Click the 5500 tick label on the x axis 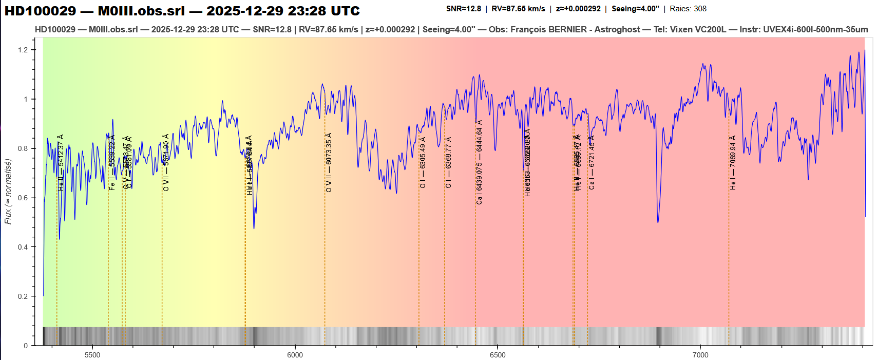pyautogui.click(x=92, y=354)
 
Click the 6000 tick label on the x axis pyautogui.click(x=295, y=354)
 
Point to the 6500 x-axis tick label pyautogui.click(x=498, y=354)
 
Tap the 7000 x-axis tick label pyautogui.click(x=700, y=354)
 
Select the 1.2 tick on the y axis pyautogui.click(x=23, y=50)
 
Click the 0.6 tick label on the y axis pyautogui.click(x=23, y=198)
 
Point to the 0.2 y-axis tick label pyautogui.click(x=23, y=296)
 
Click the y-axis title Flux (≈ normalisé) pyautogui.click(x=8, y=192)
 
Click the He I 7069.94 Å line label pyautogui.click(x=733, y=163)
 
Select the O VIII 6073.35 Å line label pyautogui.click(x=329, y=163)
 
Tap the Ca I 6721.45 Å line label pyautogui.click(x=592, y=163)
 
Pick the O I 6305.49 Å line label pyautogui.click(x=423, y=163)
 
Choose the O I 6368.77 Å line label pyautogui.click(x=448, y=163)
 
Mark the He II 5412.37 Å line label pyautogui.click(x=61, y=163)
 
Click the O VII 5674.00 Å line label pyautogui.click(x=166, y=163)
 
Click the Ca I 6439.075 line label pyautogui.click(x=479, y=163)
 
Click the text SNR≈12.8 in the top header pyautogui.click(x=464, y=9)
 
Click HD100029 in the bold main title pyautogui.click(x=40, y=11)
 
